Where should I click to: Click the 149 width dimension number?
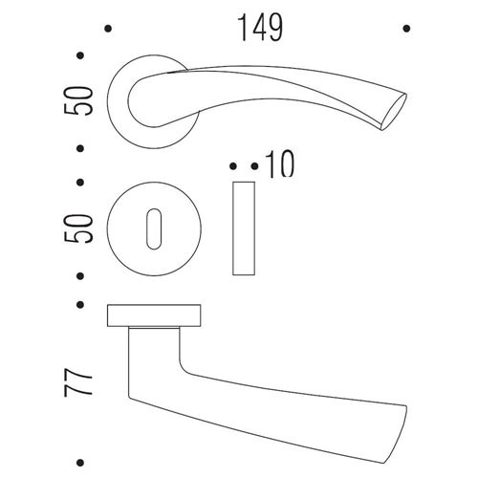260,28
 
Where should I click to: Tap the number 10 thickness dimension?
280,164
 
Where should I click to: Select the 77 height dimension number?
78,382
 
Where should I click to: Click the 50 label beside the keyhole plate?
78,228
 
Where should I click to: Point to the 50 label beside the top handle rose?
78,100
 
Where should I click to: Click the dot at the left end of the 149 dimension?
108,29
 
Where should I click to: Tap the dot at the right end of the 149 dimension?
406,29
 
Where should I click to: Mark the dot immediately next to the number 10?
254,166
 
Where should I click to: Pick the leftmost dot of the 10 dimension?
233,166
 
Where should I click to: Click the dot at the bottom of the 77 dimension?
80,463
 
